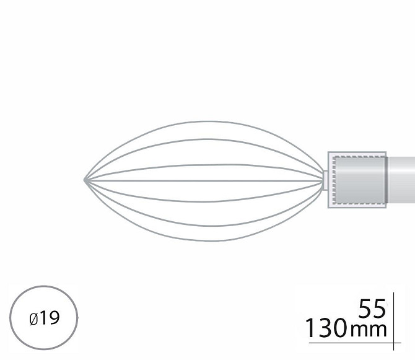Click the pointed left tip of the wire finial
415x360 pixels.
click(x=85, y=180)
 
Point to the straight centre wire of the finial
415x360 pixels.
click(x=204, y=181)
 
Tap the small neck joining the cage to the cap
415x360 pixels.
click(x=326, y=180)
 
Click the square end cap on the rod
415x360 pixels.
click(x=357, y=180)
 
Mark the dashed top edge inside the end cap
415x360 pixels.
click(x=359, y=157)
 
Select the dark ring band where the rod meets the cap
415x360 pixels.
click(x=387, y=180)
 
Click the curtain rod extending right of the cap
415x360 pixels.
click(x=401, y=180)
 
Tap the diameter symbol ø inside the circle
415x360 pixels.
click(x=33, y=319)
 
